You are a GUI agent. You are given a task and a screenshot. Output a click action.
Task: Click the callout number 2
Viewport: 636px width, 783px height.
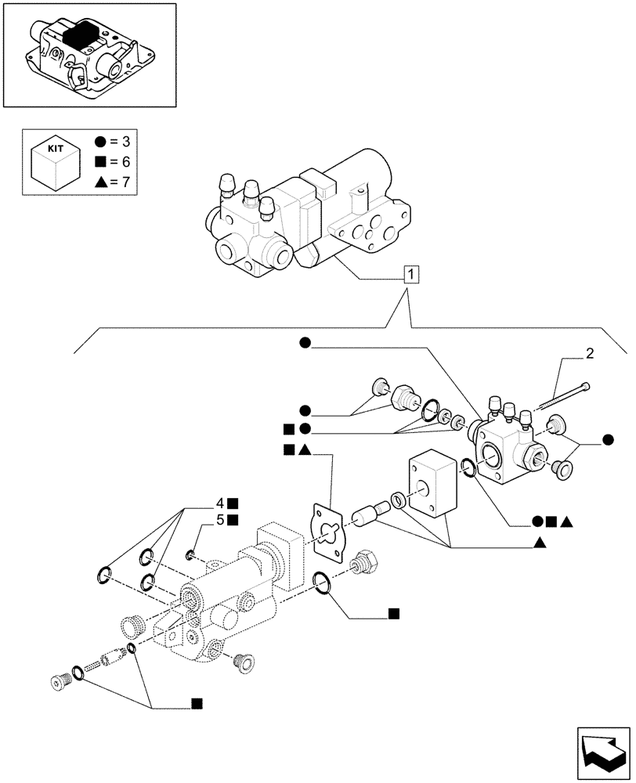(x=589, y=354)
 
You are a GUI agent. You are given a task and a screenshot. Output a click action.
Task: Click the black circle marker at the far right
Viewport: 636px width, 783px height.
(x=607, y=439)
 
